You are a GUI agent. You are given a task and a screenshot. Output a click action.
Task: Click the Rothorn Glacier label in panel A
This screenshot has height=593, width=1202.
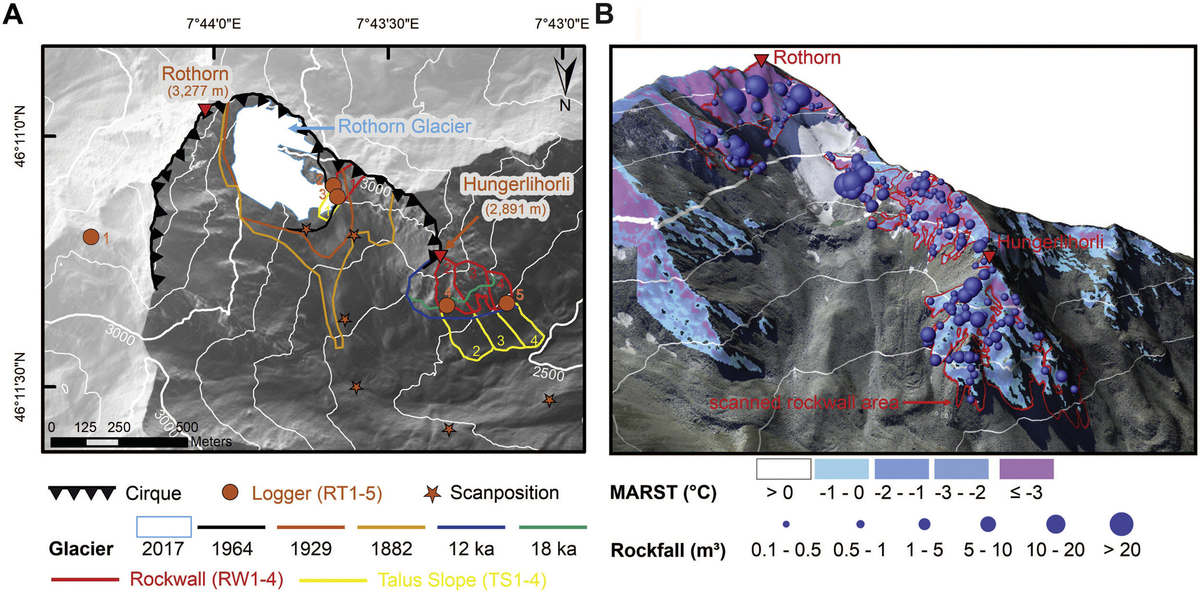[404, 126]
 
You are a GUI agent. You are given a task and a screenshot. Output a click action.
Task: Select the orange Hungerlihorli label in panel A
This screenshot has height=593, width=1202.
[516, 184]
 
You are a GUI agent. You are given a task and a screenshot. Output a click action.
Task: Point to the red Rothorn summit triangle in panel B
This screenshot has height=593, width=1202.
[761, 60]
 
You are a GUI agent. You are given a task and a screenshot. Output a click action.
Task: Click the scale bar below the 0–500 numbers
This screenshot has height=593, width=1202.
[119, 442]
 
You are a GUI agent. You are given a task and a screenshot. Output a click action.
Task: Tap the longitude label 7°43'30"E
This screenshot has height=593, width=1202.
[388, 24]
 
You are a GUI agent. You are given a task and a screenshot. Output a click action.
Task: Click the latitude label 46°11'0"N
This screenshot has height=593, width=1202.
[20, 136]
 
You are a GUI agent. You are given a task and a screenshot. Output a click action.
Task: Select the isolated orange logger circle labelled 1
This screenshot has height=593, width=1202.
[91, 237]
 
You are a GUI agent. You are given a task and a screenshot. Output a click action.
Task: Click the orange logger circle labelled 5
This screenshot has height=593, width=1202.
[506, 303]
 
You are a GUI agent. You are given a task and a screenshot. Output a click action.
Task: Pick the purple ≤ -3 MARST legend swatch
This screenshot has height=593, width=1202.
[1026, 469]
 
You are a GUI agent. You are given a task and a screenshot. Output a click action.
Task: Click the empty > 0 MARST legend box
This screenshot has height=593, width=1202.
[783, 469]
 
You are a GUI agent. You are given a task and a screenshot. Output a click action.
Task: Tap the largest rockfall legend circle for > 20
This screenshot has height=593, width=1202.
[1121, 524]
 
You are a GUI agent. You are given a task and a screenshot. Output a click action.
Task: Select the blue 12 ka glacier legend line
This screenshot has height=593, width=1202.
[471, 527]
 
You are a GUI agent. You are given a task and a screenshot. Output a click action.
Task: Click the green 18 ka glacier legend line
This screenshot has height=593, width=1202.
[552, 527]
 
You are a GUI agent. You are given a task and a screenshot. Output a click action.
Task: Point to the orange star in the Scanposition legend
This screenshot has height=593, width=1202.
[432, 493]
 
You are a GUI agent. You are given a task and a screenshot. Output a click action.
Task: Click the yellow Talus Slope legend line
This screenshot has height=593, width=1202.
[333, 580]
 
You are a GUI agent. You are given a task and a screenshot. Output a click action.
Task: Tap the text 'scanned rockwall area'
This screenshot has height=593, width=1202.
[803, 403]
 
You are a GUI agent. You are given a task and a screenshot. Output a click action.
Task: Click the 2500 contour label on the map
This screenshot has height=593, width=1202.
[548, 373]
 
